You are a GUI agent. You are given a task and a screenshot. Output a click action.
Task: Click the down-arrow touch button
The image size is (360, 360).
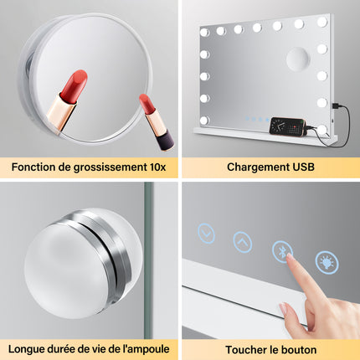(x=206, y=232)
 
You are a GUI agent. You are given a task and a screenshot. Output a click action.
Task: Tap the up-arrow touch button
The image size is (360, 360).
(x=242, y=241)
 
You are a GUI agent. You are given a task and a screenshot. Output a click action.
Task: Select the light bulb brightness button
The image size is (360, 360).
(x=327, y=262)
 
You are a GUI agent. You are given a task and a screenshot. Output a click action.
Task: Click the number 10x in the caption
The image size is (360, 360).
(x=155, y=167)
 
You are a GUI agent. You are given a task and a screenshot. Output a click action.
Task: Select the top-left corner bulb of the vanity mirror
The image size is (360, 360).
(x=203, y=32)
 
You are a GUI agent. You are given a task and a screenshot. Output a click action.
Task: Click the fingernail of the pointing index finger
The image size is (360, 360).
(x=291, y=263)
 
